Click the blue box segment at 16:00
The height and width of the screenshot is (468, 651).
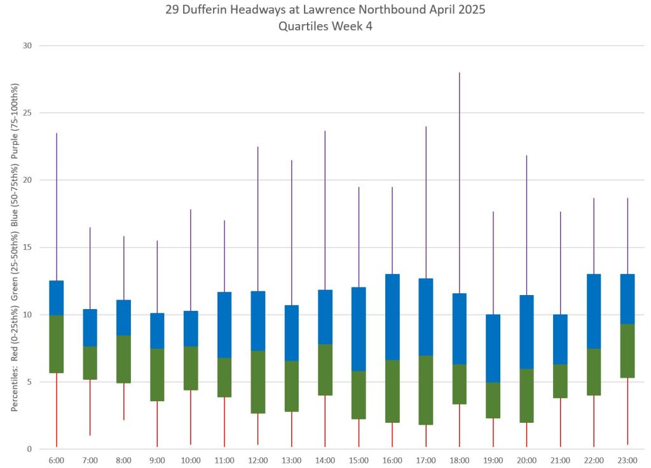(x=392, y=317)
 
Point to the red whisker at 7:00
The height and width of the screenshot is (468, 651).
(x=90, y=407)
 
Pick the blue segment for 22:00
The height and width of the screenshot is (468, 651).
(x=594, y=311)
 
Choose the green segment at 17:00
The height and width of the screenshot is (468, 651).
(x=426, y=390)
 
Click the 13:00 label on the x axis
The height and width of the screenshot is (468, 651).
(x=292, y=460)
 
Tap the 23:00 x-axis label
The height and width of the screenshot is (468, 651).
(x=627, y=460)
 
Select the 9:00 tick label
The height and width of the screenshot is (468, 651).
(x=157, y=460)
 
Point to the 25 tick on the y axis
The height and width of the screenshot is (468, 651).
(x=27, y=113)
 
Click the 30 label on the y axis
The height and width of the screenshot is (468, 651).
(x=27, y=46)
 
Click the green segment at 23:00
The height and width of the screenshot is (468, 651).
(x=627, y=350)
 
